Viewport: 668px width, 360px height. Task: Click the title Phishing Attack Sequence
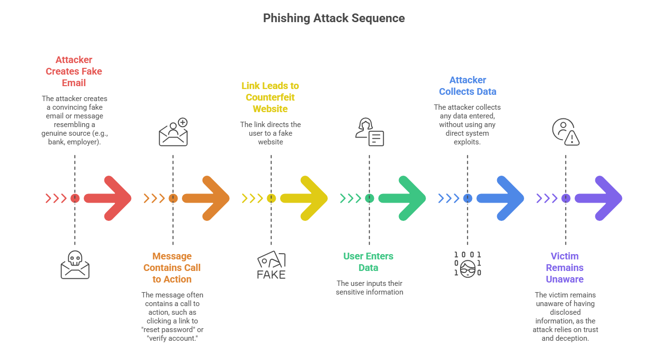pyautogui.click(x=334, y=18)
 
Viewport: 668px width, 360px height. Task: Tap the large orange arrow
pyautogui.click(x=207, y=198)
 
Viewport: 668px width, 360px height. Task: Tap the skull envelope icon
pyautogui.click(x=75, y=265)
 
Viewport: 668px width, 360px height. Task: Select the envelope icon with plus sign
pyautogui.click(x=173, y=132)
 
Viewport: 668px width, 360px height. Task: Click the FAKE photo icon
pyautogui.click(x=271, y=265)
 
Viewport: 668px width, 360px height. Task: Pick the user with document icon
pyautogui.click(x=370, y=132)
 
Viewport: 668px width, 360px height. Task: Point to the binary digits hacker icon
pyautogui.click(x=468, y=264)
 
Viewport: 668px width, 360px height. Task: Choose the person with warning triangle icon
pyautogui.click(x=566, y=132)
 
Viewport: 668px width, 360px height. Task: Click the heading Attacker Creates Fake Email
pyautogui.click(x=74, y=71)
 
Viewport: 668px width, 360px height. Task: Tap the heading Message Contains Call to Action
pyautogui.click(x=172, y=268)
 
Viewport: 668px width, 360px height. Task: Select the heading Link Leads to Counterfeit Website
pyautogui.click(x=270, y=97)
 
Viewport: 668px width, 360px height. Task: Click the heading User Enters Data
pyautogui.click(x=368, y=262)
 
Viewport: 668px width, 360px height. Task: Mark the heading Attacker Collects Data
pyautogui.click(x=468, y=86)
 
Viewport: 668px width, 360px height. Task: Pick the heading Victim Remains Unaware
pyautogui.click(x=565, y=268)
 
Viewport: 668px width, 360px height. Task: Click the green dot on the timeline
pyautogui.click(x=370, y=198)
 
